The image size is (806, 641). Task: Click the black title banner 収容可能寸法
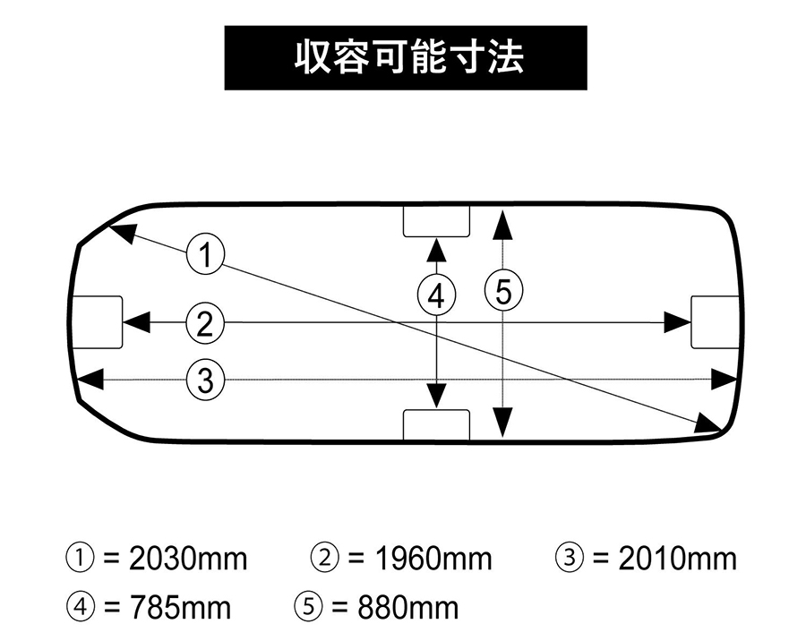click(x=406, y=58)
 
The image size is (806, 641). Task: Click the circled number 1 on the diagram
click(x=205, y=254)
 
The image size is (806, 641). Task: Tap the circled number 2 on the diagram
click(x=205, y=324)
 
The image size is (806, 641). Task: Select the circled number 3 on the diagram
click(x=205, y=380)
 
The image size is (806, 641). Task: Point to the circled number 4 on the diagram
click(x=436, y=296)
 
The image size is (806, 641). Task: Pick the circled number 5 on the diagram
click(x=503, y=292)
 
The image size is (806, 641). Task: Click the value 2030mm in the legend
click(x=188, y=559)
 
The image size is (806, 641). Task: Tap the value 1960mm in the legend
click(x=433, y=559)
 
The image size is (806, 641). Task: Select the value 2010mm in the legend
click(x=678, y=559)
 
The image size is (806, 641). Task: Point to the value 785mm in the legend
click(x=180, y=608)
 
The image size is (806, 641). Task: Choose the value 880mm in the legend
click(x=408, y=608)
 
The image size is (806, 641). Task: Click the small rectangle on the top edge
click(x=436, y=221)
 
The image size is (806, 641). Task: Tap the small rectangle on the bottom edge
click(x=436, y=425)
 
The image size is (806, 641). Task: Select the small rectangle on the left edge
click(x=97, y=322)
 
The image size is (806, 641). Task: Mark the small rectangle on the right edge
click(x=716, y=322)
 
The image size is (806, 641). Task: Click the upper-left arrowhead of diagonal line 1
click(x=124, y=232)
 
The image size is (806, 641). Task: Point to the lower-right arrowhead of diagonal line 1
click(x=708, y=423)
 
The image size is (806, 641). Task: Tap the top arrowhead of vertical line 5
click(x=502, y=224)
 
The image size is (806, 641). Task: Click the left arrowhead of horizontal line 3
click(x=90, y=380)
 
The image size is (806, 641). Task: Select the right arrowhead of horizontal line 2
click(x=678, y=322)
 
